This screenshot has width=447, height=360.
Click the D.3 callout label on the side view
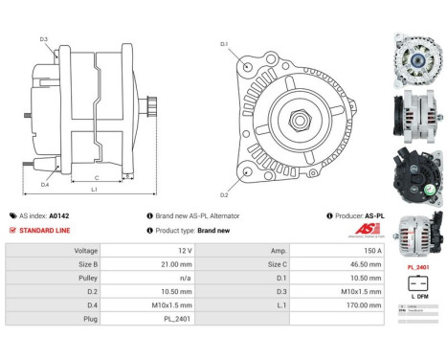click(44, 39)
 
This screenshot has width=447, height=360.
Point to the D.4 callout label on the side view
click(45, 184)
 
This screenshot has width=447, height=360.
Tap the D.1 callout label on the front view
click(224, 44)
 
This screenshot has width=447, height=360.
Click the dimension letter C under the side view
click(97, 177)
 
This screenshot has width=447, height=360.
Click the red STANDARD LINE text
click(46, 231)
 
